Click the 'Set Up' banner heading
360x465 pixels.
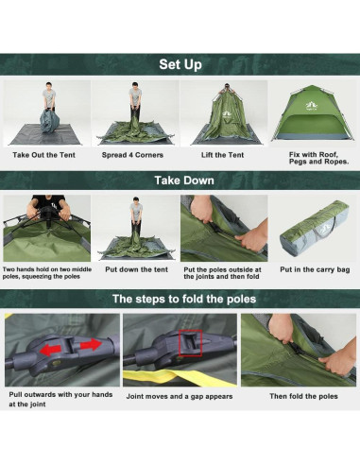coord(180,64)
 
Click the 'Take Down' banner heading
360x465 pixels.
coord(184,181)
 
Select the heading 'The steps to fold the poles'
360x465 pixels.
coord(184,299)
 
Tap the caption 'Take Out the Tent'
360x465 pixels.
coord(43,155)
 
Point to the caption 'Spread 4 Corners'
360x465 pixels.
coord(132,155)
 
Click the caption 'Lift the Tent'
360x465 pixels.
coord(222,155)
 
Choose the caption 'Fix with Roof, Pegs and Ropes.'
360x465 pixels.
coord(318,158)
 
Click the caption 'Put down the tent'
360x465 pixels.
coord(137,269)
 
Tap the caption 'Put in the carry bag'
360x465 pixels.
coord(315,269)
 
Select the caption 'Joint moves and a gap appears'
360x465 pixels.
coord(180,396)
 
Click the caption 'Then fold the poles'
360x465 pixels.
coord(303,396)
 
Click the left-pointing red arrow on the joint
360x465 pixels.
coord(50,350)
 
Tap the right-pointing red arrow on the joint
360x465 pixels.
coord(92,345)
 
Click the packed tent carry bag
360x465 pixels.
coord(315,226)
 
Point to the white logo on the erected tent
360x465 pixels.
coord(310,106)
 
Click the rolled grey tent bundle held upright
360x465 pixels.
coord(50,120)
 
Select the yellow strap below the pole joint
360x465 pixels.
coord(180,378)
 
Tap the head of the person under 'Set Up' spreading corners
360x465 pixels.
coord(135,86)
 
